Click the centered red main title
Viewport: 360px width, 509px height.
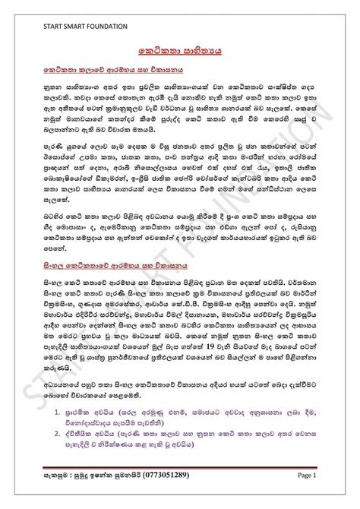coord(180,47)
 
